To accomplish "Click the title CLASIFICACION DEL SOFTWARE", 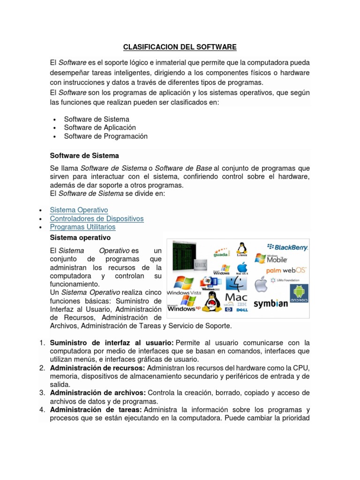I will [180, 47].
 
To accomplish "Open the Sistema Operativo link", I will [79, 210].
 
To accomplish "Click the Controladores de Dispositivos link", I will [97, 218].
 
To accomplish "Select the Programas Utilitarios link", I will [82, 227].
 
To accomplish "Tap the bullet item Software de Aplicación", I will [100, 127].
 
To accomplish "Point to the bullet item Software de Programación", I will [105, 136].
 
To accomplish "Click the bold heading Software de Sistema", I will [84, 155].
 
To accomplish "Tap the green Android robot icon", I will [298, 292].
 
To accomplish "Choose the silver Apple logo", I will [261, 284].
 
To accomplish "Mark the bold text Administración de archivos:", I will [98, 392].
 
